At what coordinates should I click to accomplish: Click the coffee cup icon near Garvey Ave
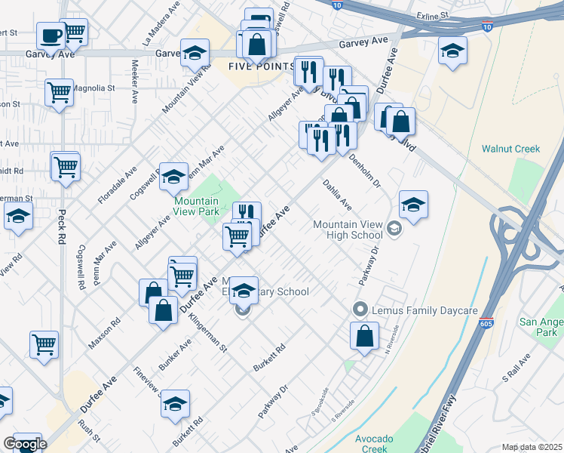[51, 35]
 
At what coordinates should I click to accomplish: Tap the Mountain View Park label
[196, 206]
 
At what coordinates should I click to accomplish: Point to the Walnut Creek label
[510, 149]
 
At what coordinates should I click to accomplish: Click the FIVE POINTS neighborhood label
[260, 66]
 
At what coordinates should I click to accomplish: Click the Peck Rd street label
[61, 225]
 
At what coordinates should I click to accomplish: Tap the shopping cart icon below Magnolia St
[59, 93]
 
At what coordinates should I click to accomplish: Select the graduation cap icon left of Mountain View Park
[174, 177]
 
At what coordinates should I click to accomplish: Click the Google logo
[26, 445]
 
